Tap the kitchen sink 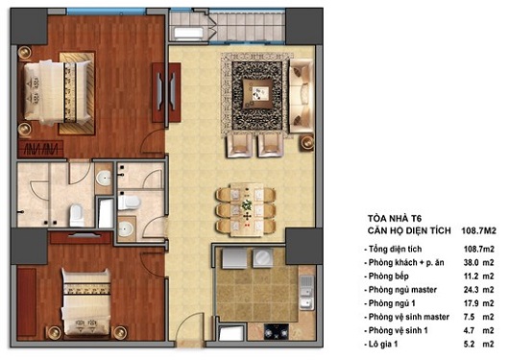pos(306,288)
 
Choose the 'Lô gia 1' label pos(389,340)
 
